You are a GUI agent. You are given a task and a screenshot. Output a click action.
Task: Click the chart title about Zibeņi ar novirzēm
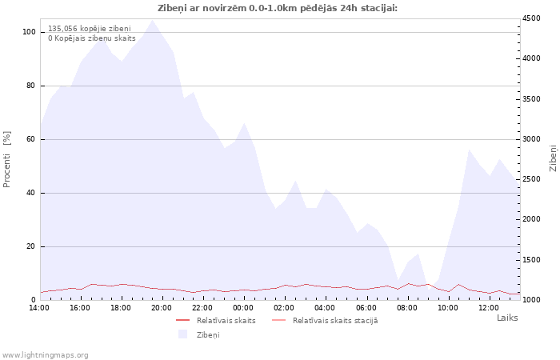click(278, 8)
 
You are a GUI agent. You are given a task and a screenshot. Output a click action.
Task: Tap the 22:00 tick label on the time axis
click(202, 308)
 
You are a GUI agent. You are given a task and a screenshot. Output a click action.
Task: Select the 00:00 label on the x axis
click(243, 308)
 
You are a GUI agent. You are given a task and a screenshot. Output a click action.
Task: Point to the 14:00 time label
click(39, 308)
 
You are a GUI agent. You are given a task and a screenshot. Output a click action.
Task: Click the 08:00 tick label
click(407, 308)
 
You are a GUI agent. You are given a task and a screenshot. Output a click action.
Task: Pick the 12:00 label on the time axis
click(489, 308)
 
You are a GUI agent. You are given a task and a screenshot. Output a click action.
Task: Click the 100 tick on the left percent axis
click(30, 32)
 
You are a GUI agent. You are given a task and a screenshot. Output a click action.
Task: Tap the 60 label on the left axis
click(31, 139)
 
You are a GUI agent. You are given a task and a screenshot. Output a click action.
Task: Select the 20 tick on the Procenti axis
click(31, 246)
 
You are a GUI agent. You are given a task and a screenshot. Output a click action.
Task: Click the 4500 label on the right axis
click(530, 18)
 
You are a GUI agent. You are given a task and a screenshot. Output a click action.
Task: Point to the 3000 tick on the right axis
click(530, 139)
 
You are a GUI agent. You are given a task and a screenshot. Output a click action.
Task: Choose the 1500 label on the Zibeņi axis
click(530, 260)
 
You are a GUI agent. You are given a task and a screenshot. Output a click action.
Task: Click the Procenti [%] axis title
click(6, 159)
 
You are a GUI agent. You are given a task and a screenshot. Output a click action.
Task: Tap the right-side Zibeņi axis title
click(554, 158)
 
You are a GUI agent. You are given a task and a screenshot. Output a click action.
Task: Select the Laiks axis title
click(507, 318)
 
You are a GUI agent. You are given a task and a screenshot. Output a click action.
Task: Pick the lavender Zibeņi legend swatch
click(183, 334)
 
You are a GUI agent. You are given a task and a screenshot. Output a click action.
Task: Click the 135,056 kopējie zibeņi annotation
click(90, 29)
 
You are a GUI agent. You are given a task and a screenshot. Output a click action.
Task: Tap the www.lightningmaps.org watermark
click(45, 355)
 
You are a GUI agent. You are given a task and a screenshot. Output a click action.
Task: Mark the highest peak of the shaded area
click(153, 20)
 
